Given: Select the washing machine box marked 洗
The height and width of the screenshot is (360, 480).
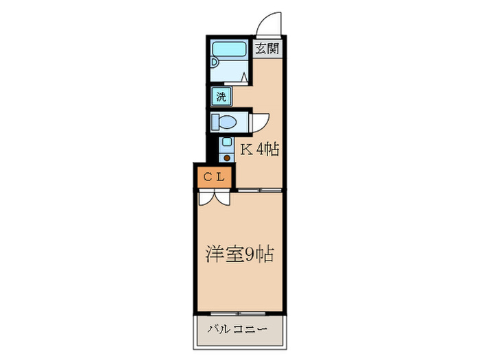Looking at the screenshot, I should click(221, 97).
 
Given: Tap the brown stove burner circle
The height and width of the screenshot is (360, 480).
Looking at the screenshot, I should click(227, 158).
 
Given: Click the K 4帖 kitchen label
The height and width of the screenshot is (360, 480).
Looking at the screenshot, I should click(259, 149).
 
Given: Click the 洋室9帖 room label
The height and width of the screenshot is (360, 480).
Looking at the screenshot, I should click(240, 254).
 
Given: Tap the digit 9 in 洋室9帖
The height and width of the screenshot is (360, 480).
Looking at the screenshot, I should click(251, 255).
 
